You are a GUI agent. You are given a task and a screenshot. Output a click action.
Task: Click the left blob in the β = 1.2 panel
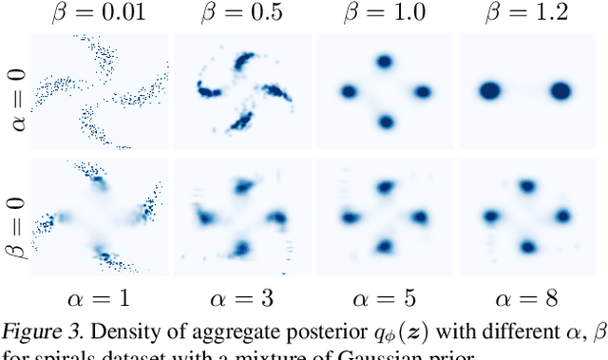point(490,91)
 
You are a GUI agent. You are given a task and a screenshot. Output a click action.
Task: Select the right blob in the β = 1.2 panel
point(560,91)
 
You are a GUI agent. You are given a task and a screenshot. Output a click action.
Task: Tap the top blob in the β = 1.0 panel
point(385,61)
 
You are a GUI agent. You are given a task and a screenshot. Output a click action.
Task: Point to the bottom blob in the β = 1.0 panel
point(385,122)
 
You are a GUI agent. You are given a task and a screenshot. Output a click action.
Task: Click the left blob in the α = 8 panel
point(492,216)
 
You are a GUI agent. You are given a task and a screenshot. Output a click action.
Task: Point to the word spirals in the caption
point(51,356)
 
